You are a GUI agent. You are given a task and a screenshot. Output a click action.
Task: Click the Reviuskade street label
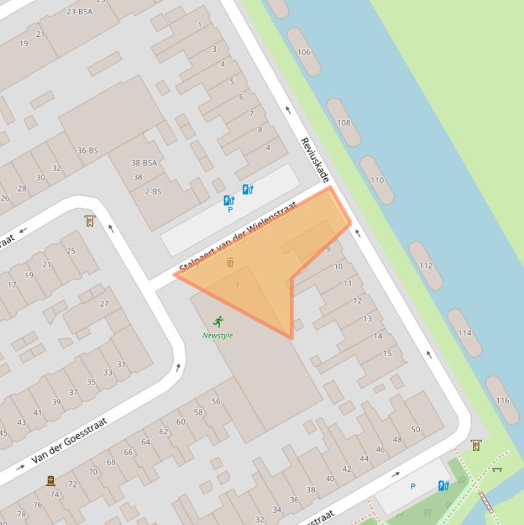click(x=315, y=160)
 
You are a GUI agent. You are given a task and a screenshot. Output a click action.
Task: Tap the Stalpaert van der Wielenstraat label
click(x=238, y=237)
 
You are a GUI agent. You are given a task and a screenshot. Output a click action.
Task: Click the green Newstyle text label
click(x=217, y=335)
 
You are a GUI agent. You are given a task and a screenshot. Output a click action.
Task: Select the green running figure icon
click(x=218, y=321)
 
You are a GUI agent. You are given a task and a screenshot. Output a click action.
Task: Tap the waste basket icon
click(x=230, y=262)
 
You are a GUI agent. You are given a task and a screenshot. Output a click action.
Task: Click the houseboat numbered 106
click(x=304, y=52)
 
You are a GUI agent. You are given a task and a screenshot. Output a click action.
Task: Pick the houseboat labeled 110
click(x=377, y=180)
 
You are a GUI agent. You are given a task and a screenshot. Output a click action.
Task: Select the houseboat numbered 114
click(x=465, y=333)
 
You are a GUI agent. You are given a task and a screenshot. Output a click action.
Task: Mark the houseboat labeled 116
click(x=502, y=400)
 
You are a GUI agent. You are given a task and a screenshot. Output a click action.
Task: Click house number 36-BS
click(x=87, y=151)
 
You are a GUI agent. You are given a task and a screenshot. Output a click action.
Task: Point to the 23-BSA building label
click(x=80, y=12)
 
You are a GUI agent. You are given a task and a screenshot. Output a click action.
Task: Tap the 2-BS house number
click(x=153, y=192)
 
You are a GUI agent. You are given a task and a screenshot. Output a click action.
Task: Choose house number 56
click(x=215, y=402)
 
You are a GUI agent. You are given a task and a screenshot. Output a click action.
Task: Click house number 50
click(x=416, y=429)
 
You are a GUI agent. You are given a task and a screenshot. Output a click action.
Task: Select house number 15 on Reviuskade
click(x=387, y=353)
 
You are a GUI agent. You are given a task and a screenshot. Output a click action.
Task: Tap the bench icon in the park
click(x=497, y=469)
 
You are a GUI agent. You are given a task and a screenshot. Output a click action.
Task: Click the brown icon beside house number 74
click(x=50, y=481)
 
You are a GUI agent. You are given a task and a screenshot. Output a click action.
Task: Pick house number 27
click(x=104, y=304)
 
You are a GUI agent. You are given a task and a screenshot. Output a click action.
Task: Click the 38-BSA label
click(x=144, y=163)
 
